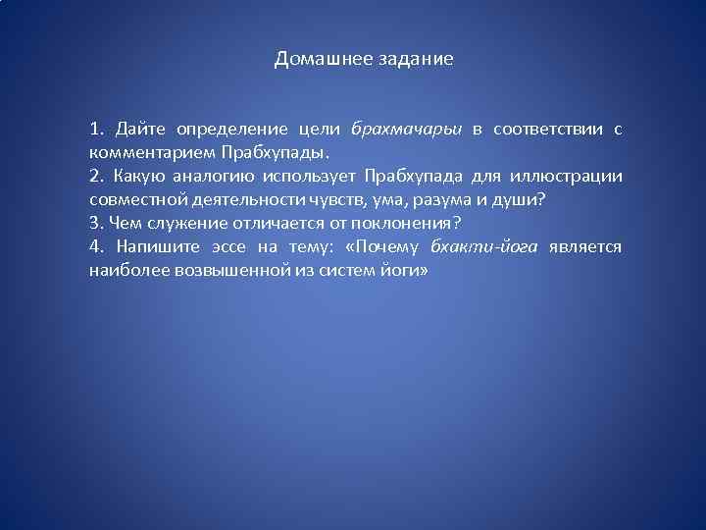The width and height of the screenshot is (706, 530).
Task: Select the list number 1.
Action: coord(94,129)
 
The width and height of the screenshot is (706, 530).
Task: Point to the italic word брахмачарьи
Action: coord(405,129)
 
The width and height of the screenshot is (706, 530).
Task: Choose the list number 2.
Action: coord(94,177)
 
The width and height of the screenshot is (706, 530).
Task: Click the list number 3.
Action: coord(94,223)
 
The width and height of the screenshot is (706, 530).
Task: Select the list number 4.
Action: coord(94,247)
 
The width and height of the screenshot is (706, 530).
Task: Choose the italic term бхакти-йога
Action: coord(483,247)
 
